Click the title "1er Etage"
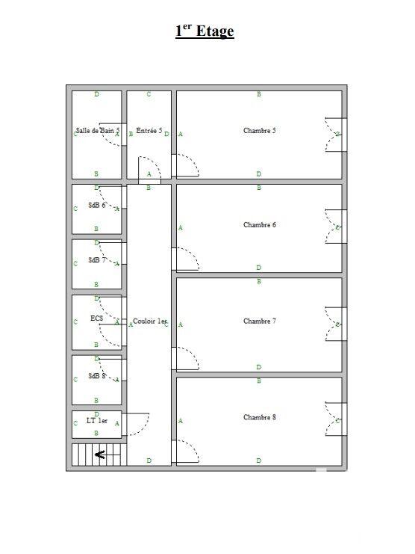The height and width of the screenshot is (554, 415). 205,31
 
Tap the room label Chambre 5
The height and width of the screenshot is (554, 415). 259,131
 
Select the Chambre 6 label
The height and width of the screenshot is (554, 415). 259,225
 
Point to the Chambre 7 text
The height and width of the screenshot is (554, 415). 259,321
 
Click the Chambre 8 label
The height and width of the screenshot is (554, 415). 259,417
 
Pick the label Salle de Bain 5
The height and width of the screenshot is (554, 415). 98,131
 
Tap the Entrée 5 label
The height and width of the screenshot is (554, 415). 149,131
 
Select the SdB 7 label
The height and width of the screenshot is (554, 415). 96,260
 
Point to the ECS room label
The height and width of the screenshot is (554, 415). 96,318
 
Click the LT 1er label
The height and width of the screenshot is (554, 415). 97,421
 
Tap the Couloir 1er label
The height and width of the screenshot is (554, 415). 150,321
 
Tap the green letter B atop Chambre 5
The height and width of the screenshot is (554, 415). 259,95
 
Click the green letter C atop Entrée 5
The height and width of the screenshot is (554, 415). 149,95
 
